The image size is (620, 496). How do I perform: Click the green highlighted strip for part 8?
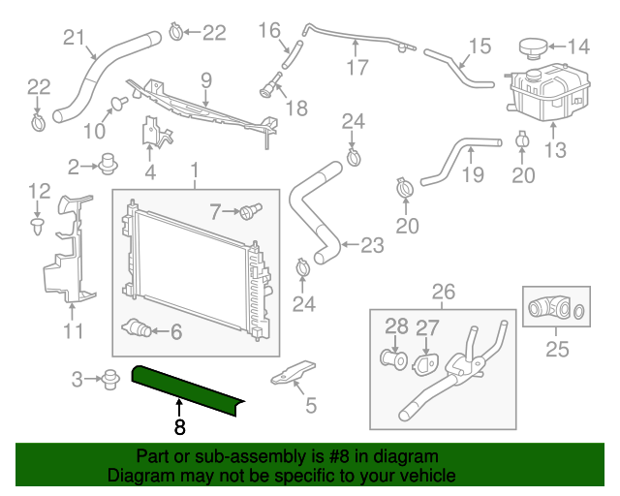click(x=190, y=390)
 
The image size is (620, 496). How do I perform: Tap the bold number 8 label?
click(x=179, y=425)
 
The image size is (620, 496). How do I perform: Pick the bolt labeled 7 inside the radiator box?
click(x=253, y=208)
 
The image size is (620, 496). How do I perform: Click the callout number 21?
click(x=74, y=38)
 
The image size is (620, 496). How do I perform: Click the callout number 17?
click(x=356, y=68)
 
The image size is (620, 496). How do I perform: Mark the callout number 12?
click(x=38, y=190)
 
